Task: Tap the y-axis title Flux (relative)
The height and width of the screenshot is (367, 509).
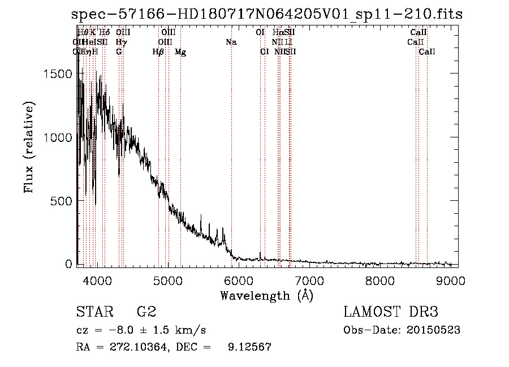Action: (x=29, y=147)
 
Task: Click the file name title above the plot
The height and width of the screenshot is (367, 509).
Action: (x=267, y=15)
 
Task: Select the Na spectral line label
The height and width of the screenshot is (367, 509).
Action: (x=231, y=42)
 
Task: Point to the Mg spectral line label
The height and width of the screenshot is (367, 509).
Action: (x=180, y=52)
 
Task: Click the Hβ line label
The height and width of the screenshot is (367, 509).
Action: (x=158, y=52)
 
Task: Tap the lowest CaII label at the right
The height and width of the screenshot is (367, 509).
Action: (x=427, y=52)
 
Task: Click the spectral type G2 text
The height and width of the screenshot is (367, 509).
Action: (x=146, y=312)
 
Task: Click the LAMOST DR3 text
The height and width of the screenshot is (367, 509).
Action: (x=390, y=312)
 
